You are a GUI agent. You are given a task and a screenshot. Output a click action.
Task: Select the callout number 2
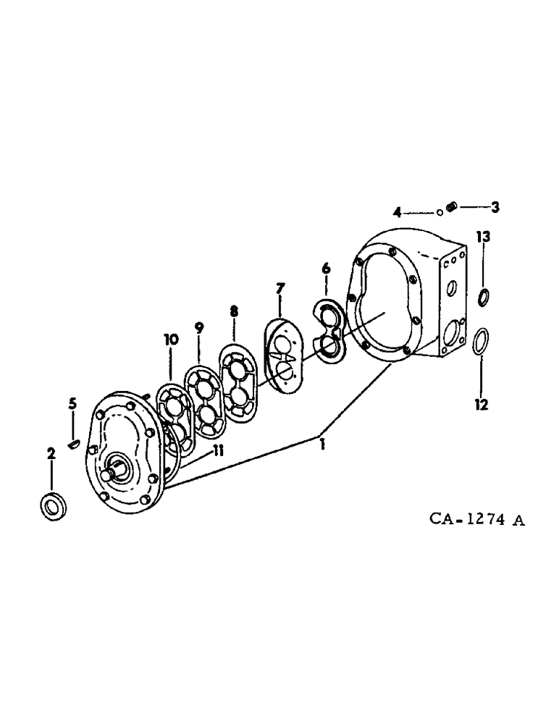pos(51,454)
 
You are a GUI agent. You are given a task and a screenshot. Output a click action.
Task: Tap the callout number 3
pos(495,208)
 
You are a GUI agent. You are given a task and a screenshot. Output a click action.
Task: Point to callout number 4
pos(397,212)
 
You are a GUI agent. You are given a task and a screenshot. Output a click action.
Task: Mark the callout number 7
pos(279,290)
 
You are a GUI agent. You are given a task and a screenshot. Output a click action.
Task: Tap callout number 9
pos(199,327)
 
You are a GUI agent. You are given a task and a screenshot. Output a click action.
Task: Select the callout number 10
pos(169,340)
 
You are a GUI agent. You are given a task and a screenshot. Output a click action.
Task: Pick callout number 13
pos(483,237)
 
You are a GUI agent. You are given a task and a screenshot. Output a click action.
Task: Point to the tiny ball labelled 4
pos(440,213)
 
